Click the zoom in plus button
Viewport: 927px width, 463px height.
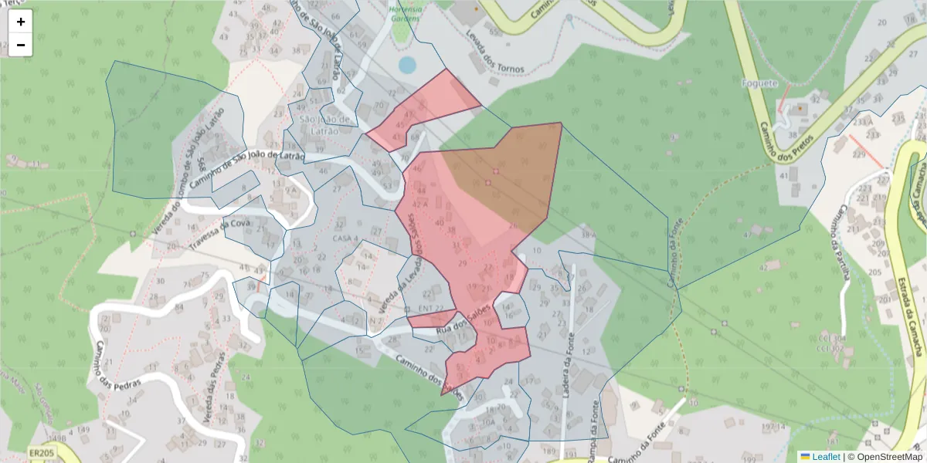click(21, 22)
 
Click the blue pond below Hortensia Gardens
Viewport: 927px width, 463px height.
click(407, 65)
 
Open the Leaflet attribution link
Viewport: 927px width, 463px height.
click(825, 457)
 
